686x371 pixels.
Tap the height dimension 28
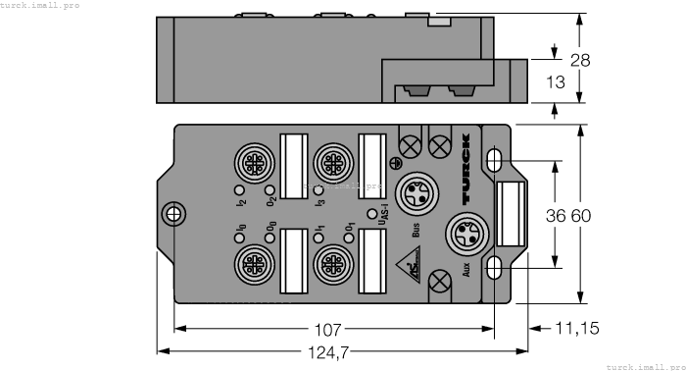point(580,60)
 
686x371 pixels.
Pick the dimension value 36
point(555,215)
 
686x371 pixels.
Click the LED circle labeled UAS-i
point(371,213)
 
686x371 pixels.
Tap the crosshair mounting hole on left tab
point(173,214)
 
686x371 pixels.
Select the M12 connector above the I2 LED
point(248,160)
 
